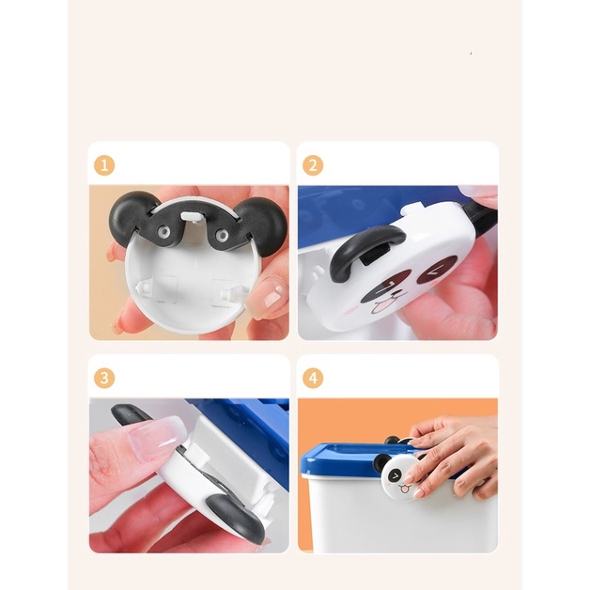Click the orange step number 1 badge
104,165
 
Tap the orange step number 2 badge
313,165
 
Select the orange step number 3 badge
104,378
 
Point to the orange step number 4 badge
313,378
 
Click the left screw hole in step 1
163,231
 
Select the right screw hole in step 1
223,236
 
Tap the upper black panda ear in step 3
130,413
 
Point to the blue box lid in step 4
361,458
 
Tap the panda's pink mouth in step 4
405,489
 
